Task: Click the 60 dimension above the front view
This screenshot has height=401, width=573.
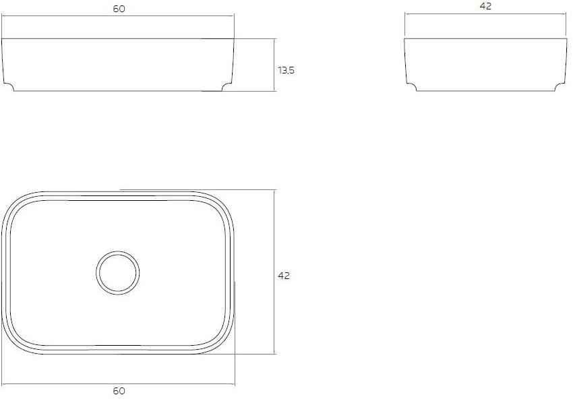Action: point(119,8)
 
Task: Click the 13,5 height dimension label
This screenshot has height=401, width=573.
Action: point(286,69)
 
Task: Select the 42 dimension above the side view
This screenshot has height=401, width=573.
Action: point(485,6)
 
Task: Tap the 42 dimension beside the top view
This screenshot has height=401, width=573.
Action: point(284,276)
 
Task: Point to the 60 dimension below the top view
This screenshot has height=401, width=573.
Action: point(119,391)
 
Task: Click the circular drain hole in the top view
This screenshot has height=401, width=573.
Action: point(117,273)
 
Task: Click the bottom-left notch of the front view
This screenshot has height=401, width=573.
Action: point(9,86)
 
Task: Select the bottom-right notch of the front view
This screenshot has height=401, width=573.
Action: point(228,86)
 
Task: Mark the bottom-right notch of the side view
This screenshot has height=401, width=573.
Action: point(559,86)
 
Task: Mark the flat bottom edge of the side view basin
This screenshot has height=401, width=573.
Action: point(485,91)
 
